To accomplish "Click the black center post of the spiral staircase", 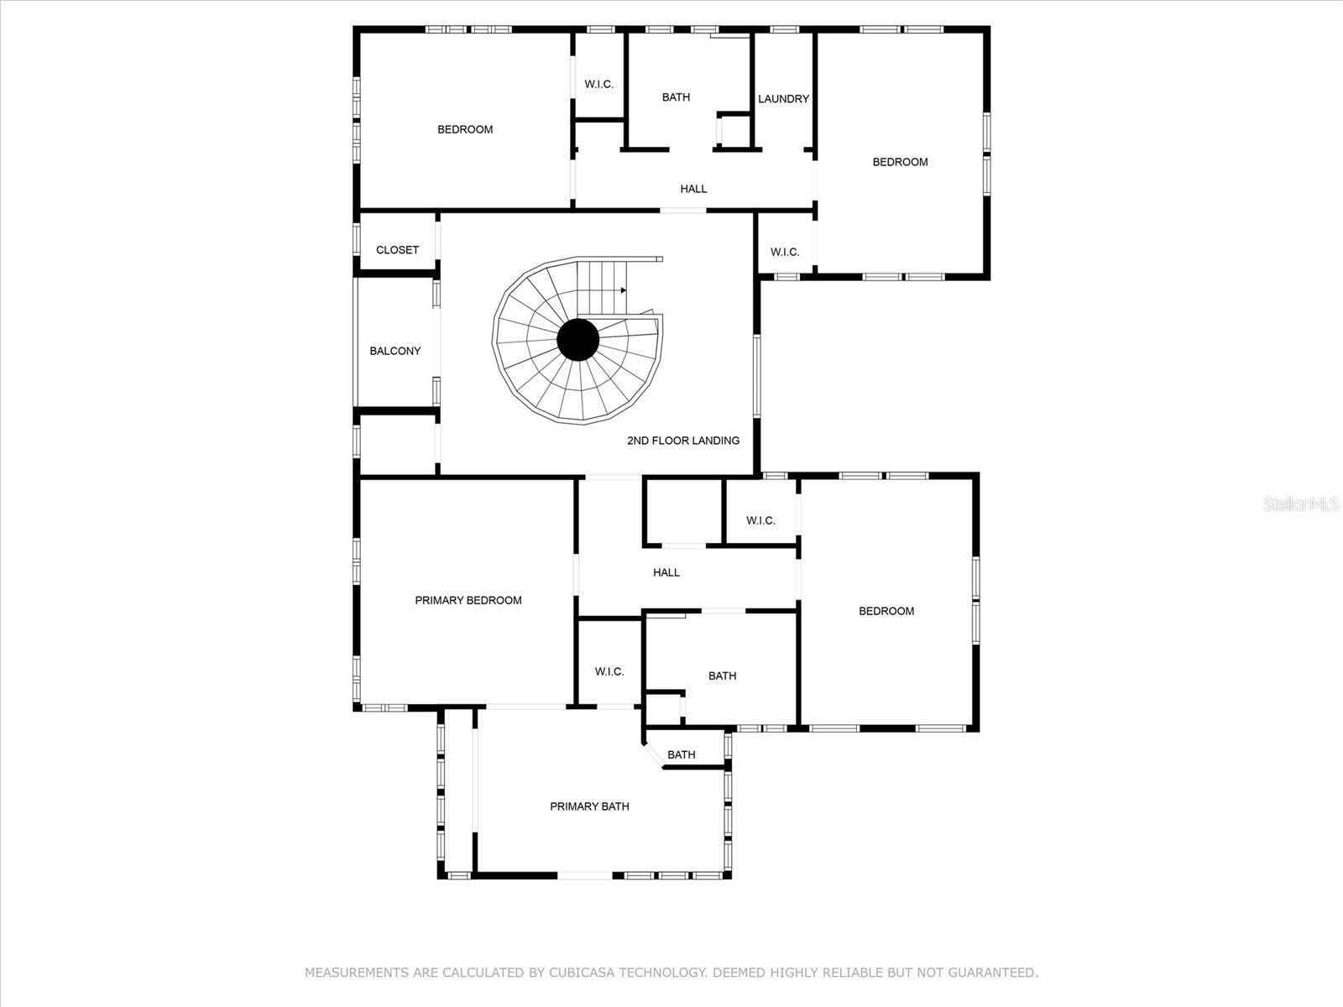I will click(578, 340).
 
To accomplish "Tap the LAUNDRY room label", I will click(783, 99).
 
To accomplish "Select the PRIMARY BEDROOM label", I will click(468, 600).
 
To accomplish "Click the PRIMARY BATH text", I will click(589, 806).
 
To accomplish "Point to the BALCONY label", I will click(395, 351).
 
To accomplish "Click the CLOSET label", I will click(397, 250).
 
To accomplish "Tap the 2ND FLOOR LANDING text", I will click(682, 441).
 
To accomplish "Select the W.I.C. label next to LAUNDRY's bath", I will click(598, 84).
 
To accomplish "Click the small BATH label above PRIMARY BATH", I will click(681, 754).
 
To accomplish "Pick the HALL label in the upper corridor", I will click(693, 189).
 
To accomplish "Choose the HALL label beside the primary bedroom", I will click(666, 572).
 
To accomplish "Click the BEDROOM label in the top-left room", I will click(465, 129).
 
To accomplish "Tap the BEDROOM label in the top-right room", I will click(900, 162).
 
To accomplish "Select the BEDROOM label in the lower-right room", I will click(886, 611).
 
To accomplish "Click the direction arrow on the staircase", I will click(623, 290).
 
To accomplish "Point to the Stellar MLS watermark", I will click(1301, 503).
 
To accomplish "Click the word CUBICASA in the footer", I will click(581, 973).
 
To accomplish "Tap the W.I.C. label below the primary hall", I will click(609, 671).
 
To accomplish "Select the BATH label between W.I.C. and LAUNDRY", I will click(676, 97).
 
